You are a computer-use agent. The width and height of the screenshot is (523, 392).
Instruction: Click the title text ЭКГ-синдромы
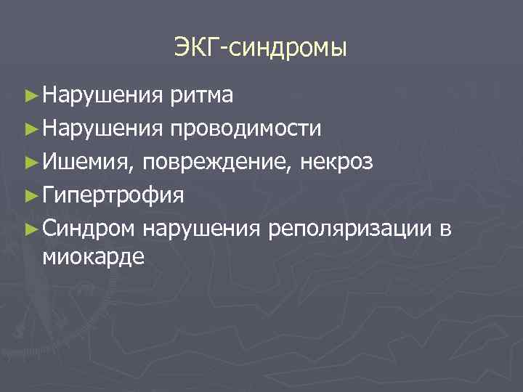(261, 49)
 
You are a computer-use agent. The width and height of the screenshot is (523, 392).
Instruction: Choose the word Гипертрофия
(113, 195)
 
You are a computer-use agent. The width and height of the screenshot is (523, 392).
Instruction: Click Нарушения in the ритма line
(102, 95)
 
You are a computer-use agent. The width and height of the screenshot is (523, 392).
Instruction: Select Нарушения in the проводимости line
(102, 128)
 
